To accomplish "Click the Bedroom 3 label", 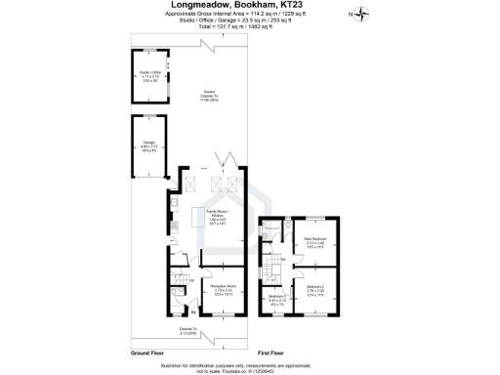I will point(277,299).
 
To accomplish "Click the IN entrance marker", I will point(179,312).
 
